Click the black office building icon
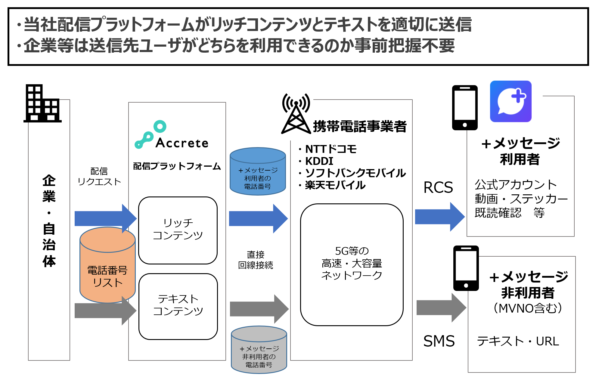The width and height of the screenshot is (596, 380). [42, 103]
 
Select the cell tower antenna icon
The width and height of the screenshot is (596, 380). [296, 114]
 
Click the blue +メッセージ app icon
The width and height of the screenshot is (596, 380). [511, 101]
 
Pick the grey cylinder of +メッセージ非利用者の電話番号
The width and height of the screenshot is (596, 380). [259, 350]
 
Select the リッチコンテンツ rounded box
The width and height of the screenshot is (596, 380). [178, 230]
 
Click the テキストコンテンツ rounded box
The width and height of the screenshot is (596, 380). [178, 306]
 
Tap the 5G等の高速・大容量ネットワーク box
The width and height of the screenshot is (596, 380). [352, 264]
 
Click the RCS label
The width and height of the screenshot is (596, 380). [438, 187]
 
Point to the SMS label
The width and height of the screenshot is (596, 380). [439, 341]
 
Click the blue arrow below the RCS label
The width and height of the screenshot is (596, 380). [439, 217]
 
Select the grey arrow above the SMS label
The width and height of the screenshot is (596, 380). [441, 307]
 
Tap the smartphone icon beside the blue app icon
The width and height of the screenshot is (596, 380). [465, 107]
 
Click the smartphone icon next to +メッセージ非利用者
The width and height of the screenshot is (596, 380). [466, 268]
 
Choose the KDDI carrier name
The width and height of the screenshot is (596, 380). [319, 161]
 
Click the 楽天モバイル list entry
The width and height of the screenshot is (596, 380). [335, 185]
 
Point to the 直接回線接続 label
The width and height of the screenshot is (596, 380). [256, 260]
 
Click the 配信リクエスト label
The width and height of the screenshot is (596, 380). [99, 176]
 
